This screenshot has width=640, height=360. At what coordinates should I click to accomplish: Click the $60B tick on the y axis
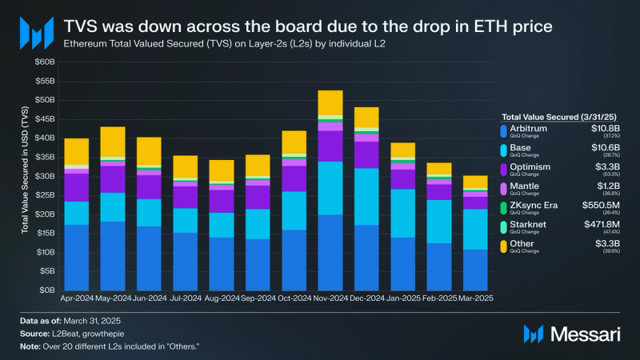coord(44,62)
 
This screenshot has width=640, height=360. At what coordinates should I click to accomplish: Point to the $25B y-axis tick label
coord(44,195)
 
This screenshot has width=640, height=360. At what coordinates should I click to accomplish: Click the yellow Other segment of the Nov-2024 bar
coord(330,102)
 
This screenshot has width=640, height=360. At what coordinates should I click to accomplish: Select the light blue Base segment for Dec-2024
coord(366,197)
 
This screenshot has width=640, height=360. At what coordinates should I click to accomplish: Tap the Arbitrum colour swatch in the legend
coord(502,130)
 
